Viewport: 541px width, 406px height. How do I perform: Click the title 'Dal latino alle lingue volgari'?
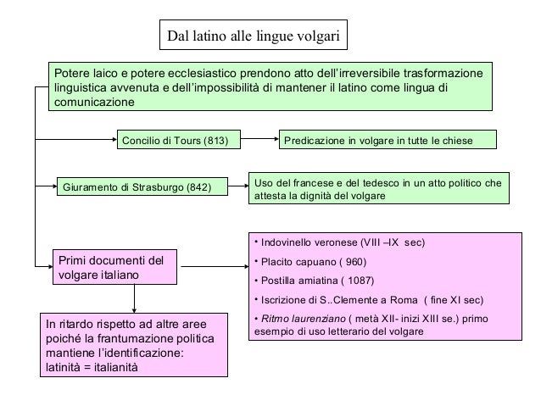pyautogui.click(x=254, y=36)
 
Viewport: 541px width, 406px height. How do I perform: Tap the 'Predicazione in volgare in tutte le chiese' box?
pyautogui.click(x=388, y=139)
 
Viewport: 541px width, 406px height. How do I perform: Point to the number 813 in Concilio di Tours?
pyautogui.click(x=216, y=139)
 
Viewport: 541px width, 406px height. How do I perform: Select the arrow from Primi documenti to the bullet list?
pyautogui.click(x=213, y=267)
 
